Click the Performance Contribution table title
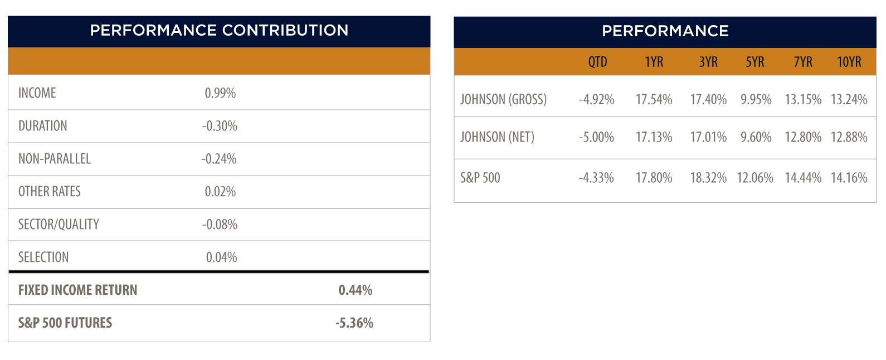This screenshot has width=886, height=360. (x=219, y=31)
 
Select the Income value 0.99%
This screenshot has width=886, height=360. (x=220, y=93)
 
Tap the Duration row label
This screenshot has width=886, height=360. (x=43, y=126)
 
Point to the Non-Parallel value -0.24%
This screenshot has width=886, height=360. (x=219, y=159)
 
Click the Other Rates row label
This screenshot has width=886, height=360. (x=50, y=192)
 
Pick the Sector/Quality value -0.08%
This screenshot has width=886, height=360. (x=220, y=225)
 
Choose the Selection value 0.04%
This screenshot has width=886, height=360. (x=222, y=257)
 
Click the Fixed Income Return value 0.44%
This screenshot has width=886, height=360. (x=355, y=290)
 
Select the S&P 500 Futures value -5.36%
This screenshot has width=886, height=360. (x=354, y=323)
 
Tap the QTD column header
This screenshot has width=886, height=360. (x=597, y=62)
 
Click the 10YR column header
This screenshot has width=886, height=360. (x=849, y=62)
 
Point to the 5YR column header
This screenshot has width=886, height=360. (x=755, y=62)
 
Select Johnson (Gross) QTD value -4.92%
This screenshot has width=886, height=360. (x=596, y=99)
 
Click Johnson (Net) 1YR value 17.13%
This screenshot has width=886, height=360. (x=654, y=137)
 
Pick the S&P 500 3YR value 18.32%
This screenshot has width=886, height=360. (x=708, y=178)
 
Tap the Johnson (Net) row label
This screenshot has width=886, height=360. (x=497, y=137)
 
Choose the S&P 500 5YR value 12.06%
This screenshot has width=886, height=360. (x=755, y=178)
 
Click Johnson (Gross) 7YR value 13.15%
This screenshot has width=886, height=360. (x=804, y=99)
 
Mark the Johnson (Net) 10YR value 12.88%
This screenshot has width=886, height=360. (x=849, y=137)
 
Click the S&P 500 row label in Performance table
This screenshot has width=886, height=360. (x=480, y=178)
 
